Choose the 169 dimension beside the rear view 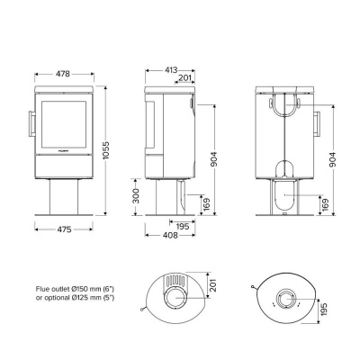325,203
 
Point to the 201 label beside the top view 214,286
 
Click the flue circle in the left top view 174,297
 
